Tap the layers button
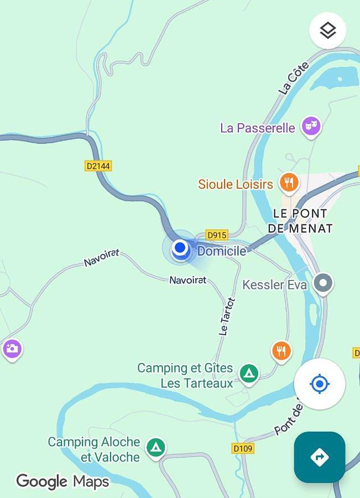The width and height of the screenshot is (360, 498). (328, 30)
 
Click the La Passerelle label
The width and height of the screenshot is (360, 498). (257, 128)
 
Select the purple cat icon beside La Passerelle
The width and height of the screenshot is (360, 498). (311, 126)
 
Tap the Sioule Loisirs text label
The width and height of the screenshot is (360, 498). (236, 184)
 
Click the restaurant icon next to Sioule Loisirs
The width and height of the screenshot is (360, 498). (288, 181)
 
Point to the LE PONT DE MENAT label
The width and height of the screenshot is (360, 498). (300, 221)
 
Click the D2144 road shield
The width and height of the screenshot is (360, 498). (98, 165)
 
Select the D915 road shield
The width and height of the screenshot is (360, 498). (217, 235)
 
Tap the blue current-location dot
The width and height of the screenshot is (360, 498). (180, 248)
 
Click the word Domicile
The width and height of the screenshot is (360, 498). (222, 251)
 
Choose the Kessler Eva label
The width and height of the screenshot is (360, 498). (274, 285)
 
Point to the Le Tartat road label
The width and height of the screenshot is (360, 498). (226, 317)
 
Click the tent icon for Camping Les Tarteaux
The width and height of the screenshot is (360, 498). (249, 373)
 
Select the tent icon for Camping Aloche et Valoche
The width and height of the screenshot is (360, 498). (156, 447)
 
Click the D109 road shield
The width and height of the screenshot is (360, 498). (243, 448)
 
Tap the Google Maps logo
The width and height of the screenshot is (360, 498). (62, 481)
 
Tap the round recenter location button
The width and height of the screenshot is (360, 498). (320, 383)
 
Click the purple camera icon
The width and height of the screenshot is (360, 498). (12, 349)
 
